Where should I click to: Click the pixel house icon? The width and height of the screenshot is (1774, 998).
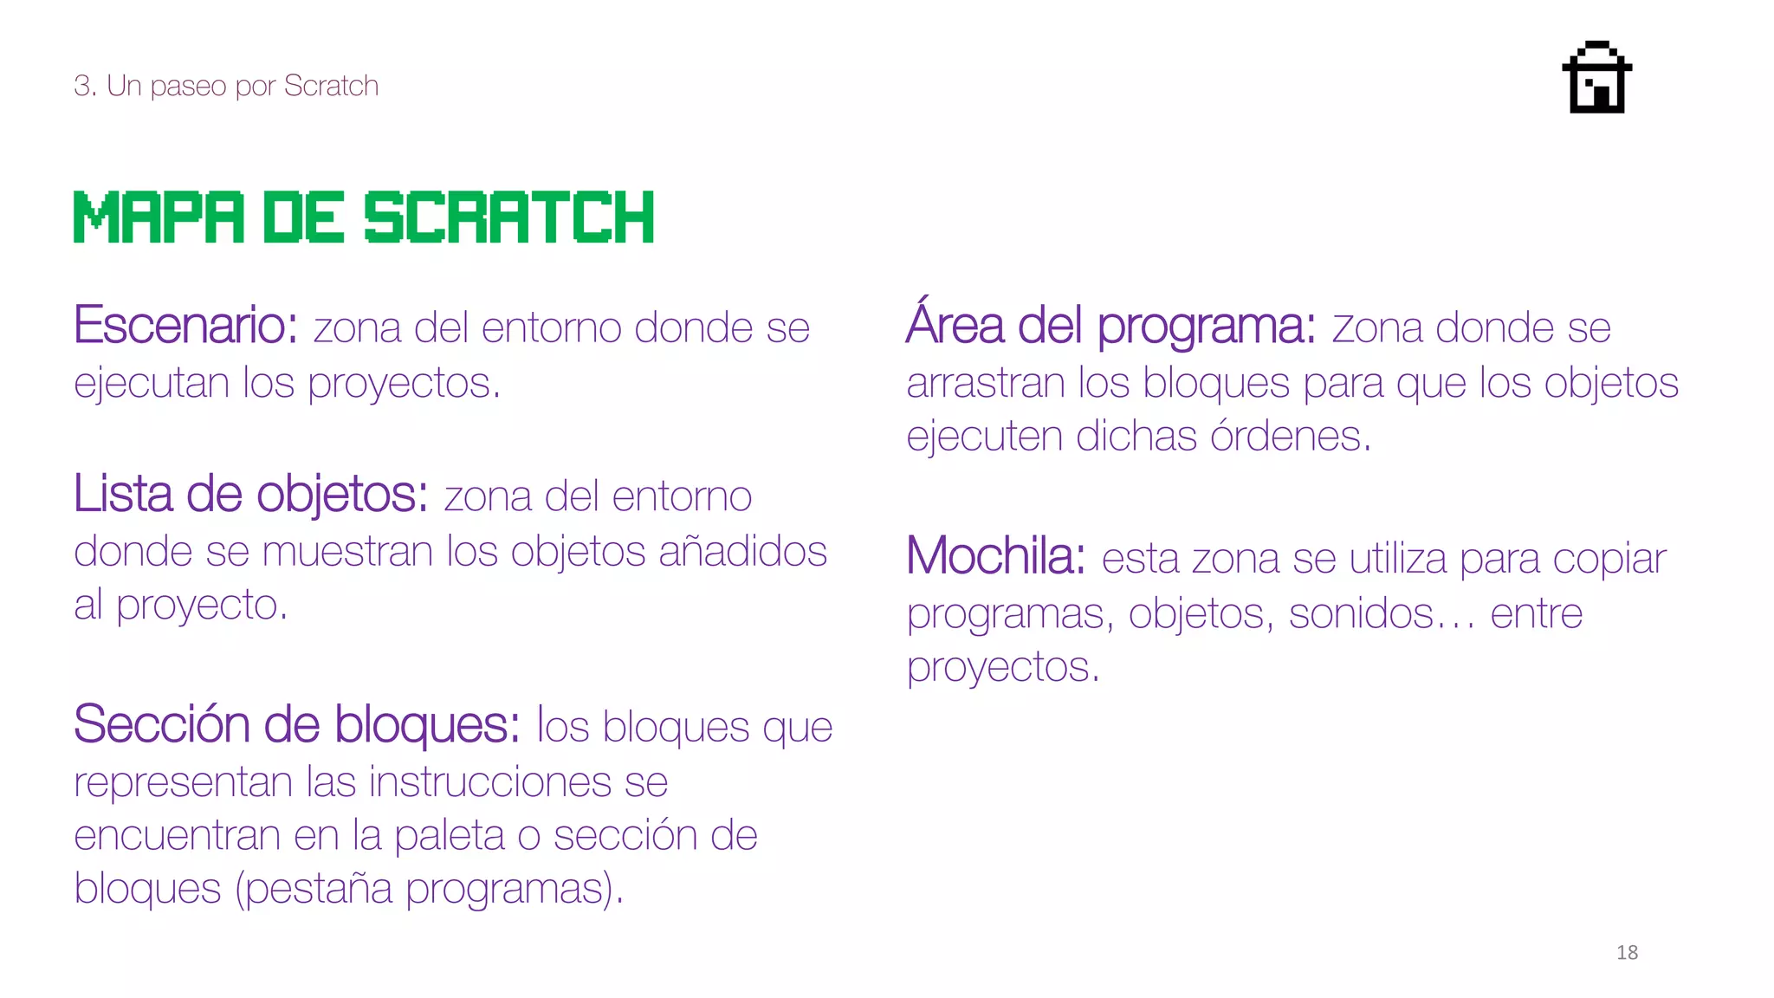(x=1596, y=77)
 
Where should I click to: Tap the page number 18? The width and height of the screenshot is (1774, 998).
(x=1627, y=952)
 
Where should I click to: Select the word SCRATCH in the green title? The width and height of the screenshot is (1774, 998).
(x=508, y=217)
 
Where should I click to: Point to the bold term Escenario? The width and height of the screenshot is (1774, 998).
(x=185, y=326)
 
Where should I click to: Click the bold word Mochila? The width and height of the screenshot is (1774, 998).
(x=995, y=556)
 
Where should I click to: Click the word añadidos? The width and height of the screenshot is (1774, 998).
(x=742, y=551)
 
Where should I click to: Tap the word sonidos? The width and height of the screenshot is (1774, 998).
(x=1361, y=614)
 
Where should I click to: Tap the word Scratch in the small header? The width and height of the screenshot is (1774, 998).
(x=331, y=86)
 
